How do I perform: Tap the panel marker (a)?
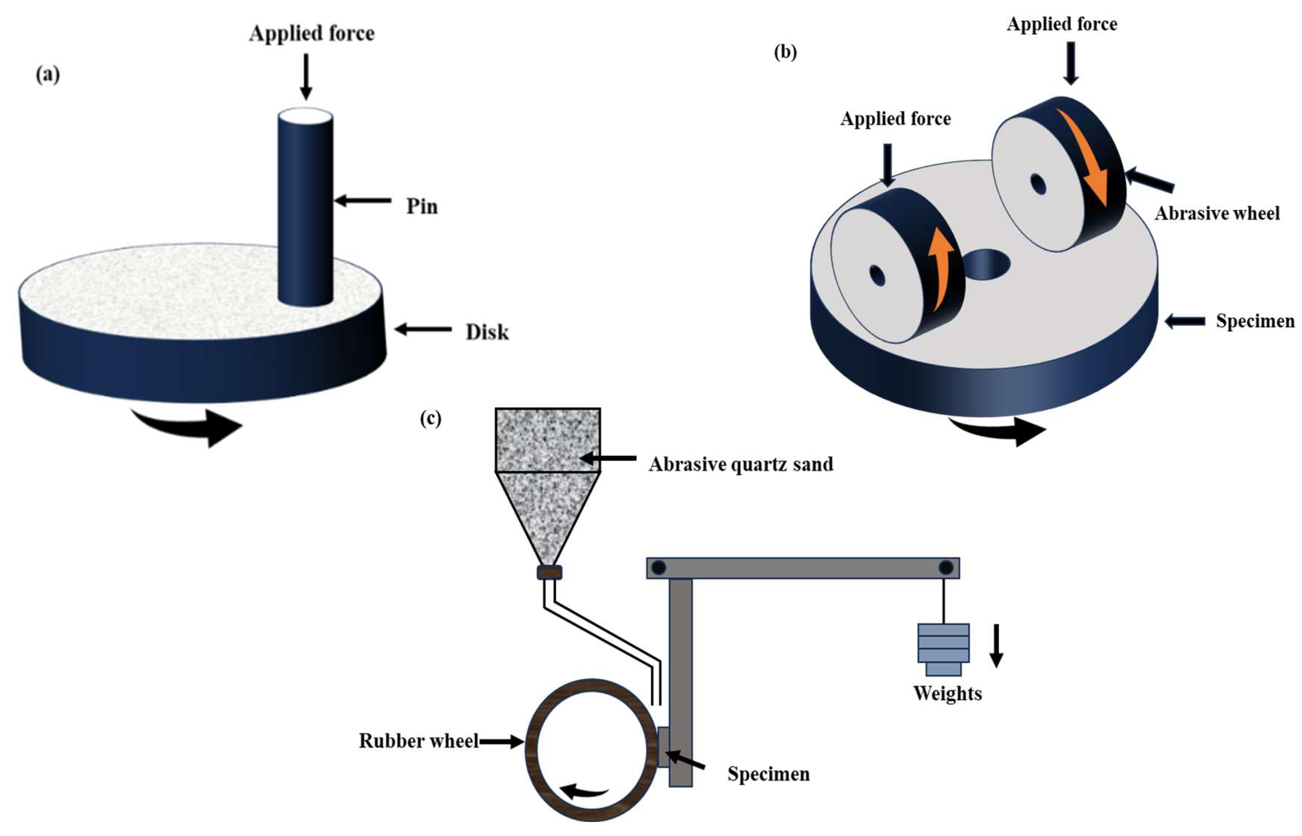coord(48,74)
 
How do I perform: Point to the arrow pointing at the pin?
coord(362,201)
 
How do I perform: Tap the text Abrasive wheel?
coord(1217,213)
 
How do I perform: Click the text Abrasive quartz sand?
coord(741,464)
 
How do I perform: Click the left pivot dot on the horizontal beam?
coord(658,568)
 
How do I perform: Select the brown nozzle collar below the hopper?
coord(549,572)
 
